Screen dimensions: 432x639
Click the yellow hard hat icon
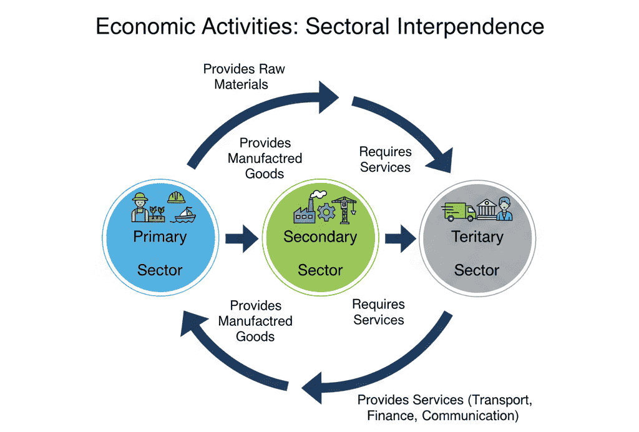coord(177,197)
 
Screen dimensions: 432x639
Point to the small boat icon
coord(185,214)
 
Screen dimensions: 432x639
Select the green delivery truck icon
coord(458,211)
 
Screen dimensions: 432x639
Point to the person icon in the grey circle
coord(504,209)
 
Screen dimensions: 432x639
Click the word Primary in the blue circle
coord(160,237)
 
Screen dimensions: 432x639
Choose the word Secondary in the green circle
coord(320,237)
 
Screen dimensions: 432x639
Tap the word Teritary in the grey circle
coord(477,237)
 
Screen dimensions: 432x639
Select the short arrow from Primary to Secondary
coord(241,238)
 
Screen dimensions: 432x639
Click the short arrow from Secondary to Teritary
coord(400,238)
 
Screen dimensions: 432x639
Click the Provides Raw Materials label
coord(243,76)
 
